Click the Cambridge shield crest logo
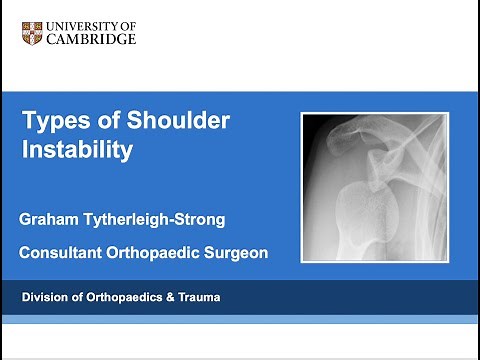[x=34, y=32]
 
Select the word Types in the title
[x=51, y=122]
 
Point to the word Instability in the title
[x=77, y=151]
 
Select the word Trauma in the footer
[x=197, y=297]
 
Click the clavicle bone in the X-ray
[x=400, y=135]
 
